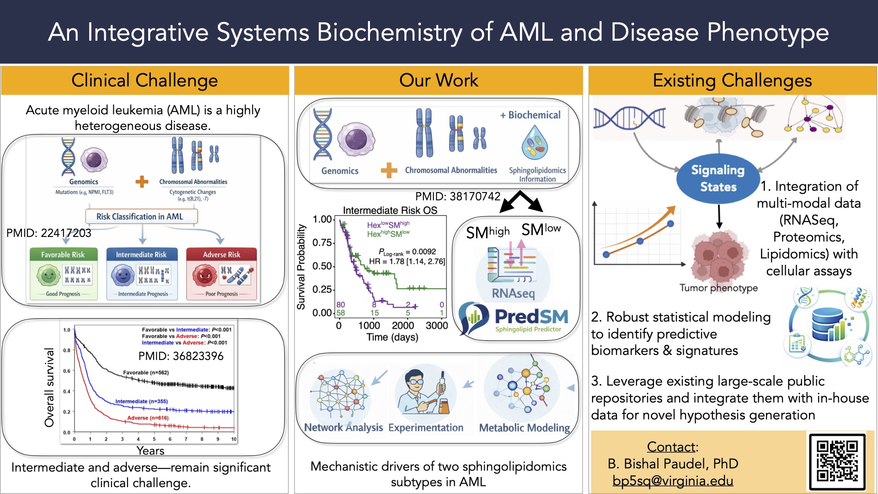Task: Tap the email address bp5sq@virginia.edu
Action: (x=673, y=481)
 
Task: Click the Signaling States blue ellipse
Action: (x=718, y=179)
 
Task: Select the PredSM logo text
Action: (x=531, y=317)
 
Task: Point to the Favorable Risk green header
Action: (x=63, y=254)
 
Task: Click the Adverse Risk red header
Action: (x=221, y=254)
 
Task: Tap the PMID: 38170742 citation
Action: (x=458, y=196)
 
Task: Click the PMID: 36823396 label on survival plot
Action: (x=181, y=356)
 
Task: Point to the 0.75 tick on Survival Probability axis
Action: (x=322, y=242)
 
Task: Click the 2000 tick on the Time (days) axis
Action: (x=402, y=326)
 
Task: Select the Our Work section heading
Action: (x=439, y=81)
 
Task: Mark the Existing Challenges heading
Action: (x=732, y=81)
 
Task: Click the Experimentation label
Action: (x=426, y=428)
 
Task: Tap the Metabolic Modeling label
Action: (x=524, y=428)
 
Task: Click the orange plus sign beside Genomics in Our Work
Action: (x=389, y=171)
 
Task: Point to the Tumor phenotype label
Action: (x=718, y=288)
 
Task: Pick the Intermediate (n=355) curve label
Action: (x=141, y=401)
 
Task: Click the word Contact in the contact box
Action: (x=671, y=446)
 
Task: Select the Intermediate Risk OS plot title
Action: (x=390, y=210)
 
